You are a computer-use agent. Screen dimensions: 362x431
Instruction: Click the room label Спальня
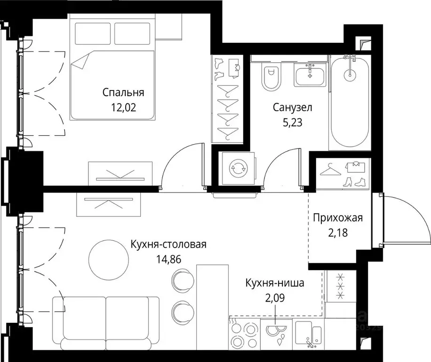(x=123, y=92)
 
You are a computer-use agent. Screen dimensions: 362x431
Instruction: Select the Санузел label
(x=292, y=107)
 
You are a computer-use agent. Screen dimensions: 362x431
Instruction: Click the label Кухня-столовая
(x=168, y=244)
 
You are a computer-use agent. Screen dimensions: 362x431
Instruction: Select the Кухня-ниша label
(x=274, y=283)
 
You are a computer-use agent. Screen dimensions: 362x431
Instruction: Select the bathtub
(x=350, y=101)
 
